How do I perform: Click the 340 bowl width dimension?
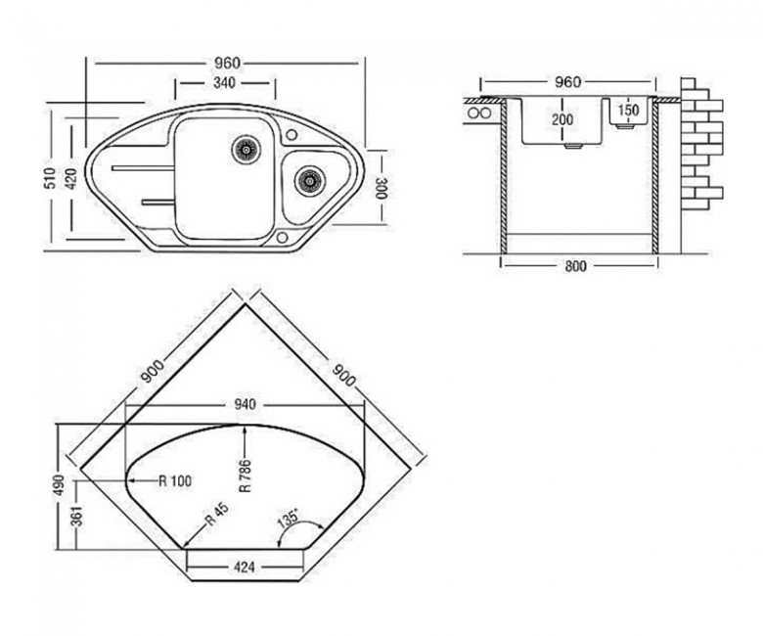point(224,83)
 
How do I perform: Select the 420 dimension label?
point(71,179)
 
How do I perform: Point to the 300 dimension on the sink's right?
point(381,187)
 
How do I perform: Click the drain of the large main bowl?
point(246,150)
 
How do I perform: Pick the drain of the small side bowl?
point(309,181)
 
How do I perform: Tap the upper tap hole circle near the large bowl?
point(292,134)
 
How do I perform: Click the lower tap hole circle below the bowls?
point(283,238)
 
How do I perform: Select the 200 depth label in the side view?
point(562,119)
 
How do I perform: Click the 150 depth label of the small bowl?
point(628,110)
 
